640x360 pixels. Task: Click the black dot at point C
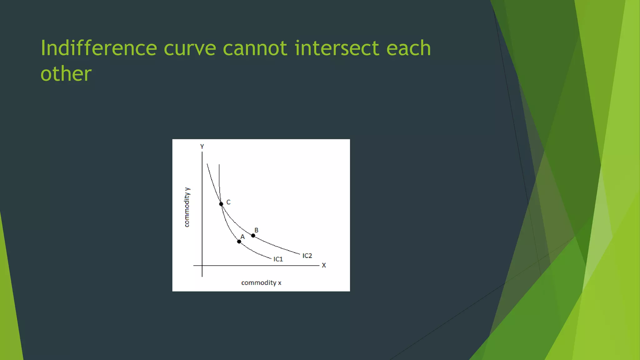tap(221, 204)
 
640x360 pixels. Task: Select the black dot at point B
tap(253, 236)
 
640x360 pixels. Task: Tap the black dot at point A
tap(239, 242)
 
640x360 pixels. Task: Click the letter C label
tap(228, 202)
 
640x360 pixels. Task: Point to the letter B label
tap(256, 230)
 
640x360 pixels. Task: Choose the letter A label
tap(242, 237)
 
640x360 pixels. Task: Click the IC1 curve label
tap(278, 259)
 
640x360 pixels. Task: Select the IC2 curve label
tap(307, 256)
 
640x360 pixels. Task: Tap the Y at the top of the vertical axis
tap(202, 146)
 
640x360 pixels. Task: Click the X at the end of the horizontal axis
tap(324, 265)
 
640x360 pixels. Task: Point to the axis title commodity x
tap(261, 282)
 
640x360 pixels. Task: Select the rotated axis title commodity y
tap(187, 207)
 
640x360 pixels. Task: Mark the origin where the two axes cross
tap(202, 266)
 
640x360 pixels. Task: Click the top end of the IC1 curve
tap(219, 165)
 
